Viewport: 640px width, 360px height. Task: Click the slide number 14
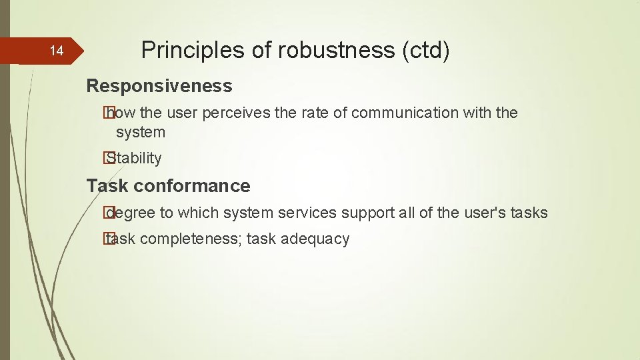tap(57, 51)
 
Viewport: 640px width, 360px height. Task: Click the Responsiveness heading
tap(159, 86)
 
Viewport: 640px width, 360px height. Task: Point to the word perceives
tap(236, 113)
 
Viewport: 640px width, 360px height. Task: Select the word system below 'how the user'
tap(141, 132)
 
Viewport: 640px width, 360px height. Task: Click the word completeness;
tap(191, 239)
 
